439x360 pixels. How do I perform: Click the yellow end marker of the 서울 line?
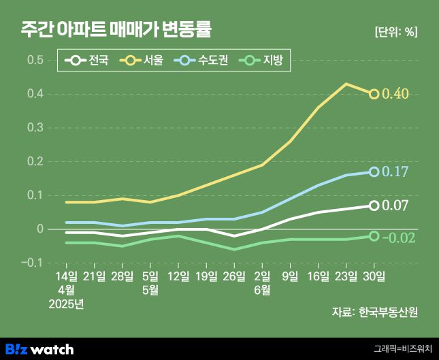(374, 94)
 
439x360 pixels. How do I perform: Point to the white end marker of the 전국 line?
(374, 205)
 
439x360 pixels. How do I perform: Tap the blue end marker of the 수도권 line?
(374, 171)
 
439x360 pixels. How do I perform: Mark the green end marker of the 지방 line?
(374, 235)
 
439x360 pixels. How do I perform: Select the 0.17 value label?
(395, 171)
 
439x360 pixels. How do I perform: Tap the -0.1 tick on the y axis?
(33, 263)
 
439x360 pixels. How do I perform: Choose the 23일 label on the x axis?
(346, 276)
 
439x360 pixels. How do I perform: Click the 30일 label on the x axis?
(374, 276)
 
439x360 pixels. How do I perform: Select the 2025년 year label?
(66, 304)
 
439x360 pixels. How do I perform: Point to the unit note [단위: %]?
(396, 31)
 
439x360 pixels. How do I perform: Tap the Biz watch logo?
(39, 349)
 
